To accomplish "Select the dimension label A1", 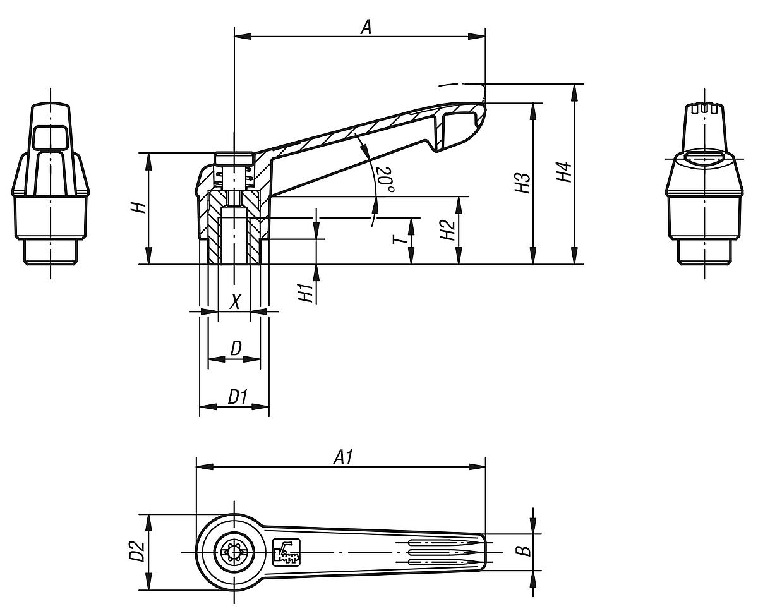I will click(x=343, y=456).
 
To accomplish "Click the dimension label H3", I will click(x=522, y=183).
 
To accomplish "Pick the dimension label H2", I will click(x=447, y=231).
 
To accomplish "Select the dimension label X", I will click(x=234, y=301).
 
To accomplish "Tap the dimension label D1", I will click(x=238, y=397).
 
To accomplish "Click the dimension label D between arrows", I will click(x=235, y=348).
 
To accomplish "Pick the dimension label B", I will click(x=524, y=552).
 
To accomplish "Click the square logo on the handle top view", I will click(x=286, y=552).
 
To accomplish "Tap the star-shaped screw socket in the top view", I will click(x=234, y=552).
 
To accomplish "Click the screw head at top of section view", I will click(x=234, y=158).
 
